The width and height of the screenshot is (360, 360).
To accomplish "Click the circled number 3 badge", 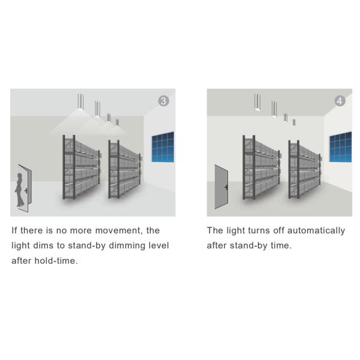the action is pyautogui.click(x=163, y=101).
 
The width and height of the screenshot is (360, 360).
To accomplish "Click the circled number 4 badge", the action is pyautogui.click(x=340, y=101).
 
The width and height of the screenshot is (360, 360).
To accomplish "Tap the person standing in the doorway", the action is pyautogui.click(x=20, y=190).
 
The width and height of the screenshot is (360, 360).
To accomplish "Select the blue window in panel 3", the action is pyautogui.click(x=163, y=147).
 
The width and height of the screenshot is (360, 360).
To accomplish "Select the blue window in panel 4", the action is pyautogui.click(x=340, y=147).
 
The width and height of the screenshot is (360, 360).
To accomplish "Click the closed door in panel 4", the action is pyautogui.click(x=221, y=187).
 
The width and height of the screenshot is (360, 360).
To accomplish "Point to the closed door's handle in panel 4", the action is pyautogui.click(x=226, y=187).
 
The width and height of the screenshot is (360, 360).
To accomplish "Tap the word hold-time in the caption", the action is pyautogui.click(x=56, y=261).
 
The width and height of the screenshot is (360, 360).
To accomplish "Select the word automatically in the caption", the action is pyautogui.click(x=316, y=230).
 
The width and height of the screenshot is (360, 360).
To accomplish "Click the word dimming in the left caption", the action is pyautogui.click(x=127, y=245).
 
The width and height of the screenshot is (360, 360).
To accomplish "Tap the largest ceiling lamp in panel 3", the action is pyautogui.click(x=80, y=102).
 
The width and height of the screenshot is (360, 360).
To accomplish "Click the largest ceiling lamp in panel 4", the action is pyautogui.click(x=257, y=102).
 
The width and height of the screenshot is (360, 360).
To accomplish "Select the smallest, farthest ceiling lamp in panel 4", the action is pyautogui.click(x=294, y=122).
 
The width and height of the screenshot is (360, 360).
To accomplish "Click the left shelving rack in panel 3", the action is pyautogui.click(x=82, y=167).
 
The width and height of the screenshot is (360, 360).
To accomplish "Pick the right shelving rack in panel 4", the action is pyautogui.click(x=305, y=169).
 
